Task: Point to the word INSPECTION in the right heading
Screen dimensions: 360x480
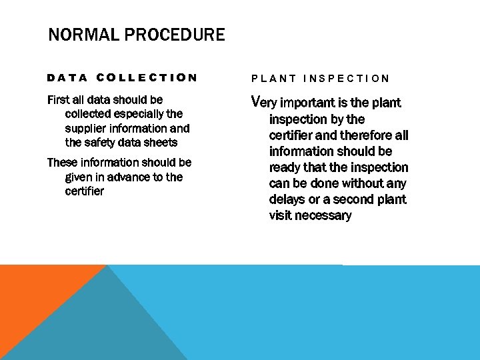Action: (347, 78)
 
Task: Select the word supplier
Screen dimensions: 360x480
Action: (86, 128)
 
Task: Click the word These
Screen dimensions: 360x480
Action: (63, 163)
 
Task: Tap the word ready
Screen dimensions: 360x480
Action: (285, 167)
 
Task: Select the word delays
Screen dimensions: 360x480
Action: (287, 199)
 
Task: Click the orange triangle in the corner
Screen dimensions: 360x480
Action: (33, 293)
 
